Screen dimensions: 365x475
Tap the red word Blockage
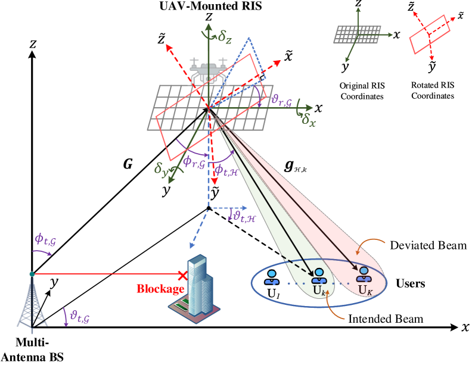coord(160,289)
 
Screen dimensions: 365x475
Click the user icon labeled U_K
coord(364,274)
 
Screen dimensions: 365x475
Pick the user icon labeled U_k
coord(319,276)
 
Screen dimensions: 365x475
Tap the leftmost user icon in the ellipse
coord(272,277)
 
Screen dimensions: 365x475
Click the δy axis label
coord(161,170)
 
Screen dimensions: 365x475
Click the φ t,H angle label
coord(226,171)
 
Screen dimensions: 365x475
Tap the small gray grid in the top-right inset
coord(357,34)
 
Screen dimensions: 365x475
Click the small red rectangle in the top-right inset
coord(430,35)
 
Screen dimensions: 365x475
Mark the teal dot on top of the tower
coord(32,274)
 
